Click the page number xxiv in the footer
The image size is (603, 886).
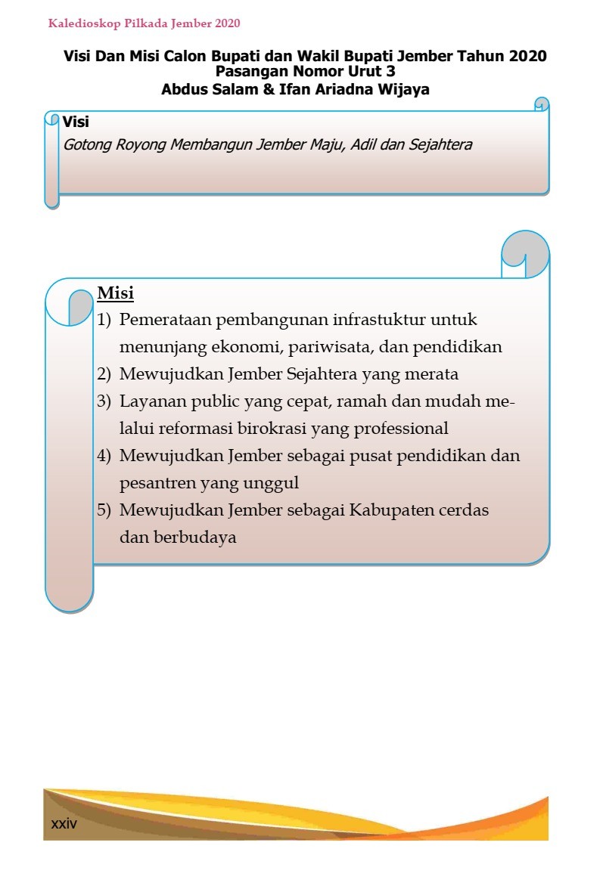tap(64, 823)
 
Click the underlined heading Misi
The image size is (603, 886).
tap(116, 293)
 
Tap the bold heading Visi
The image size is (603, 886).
tap(76, 122)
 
